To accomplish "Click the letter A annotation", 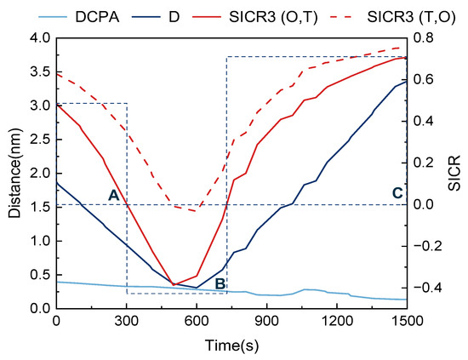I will [x=113, y=195].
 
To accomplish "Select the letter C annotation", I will [x=397, y=193].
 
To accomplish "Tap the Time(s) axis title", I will [x=231, y=346].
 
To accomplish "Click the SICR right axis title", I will [x=454, y=173].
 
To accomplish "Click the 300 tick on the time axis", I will [x=127, y=322].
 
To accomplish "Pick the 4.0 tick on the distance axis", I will [x=37, y=38].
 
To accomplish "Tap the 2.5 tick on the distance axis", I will [x=37, y=140].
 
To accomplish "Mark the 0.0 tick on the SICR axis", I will [x=423, y=205].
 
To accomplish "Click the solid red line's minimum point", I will [x=174, y=284].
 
